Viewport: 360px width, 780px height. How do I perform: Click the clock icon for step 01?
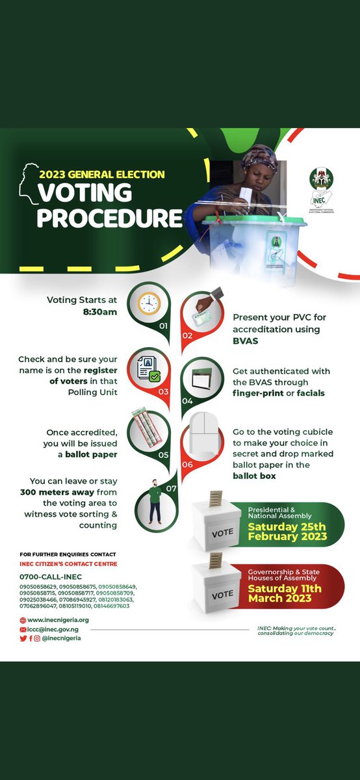[149, 303]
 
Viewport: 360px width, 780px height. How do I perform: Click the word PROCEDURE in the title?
[109, 218]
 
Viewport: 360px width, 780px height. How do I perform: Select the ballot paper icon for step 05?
[148, 429]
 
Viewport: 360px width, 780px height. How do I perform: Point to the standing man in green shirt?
[155, 500]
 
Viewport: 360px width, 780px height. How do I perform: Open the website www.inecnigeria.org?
[58, 620]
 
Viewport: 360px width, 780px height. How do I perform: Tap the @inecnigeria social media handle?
[62, 638]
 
